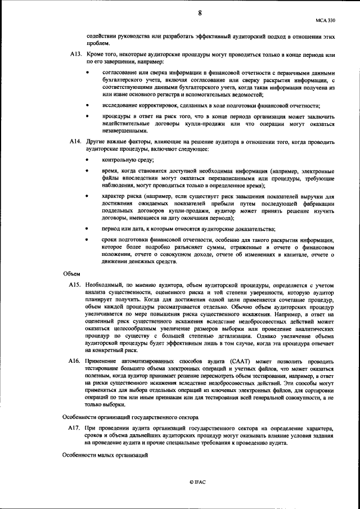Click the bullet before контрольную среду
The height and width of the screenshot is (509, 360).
click(x=87, y=160)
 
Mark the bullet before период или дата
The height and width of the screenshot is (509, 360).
click(x=87, y=228)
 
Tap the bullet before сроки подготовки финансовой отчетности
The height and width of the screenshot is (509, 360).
click(x=87, y=240)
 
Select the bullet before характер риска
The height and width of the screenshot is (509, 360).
click(x=87, y=196)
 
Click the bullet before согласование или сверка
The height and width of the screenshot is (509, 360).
click(x=87, y=73)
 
